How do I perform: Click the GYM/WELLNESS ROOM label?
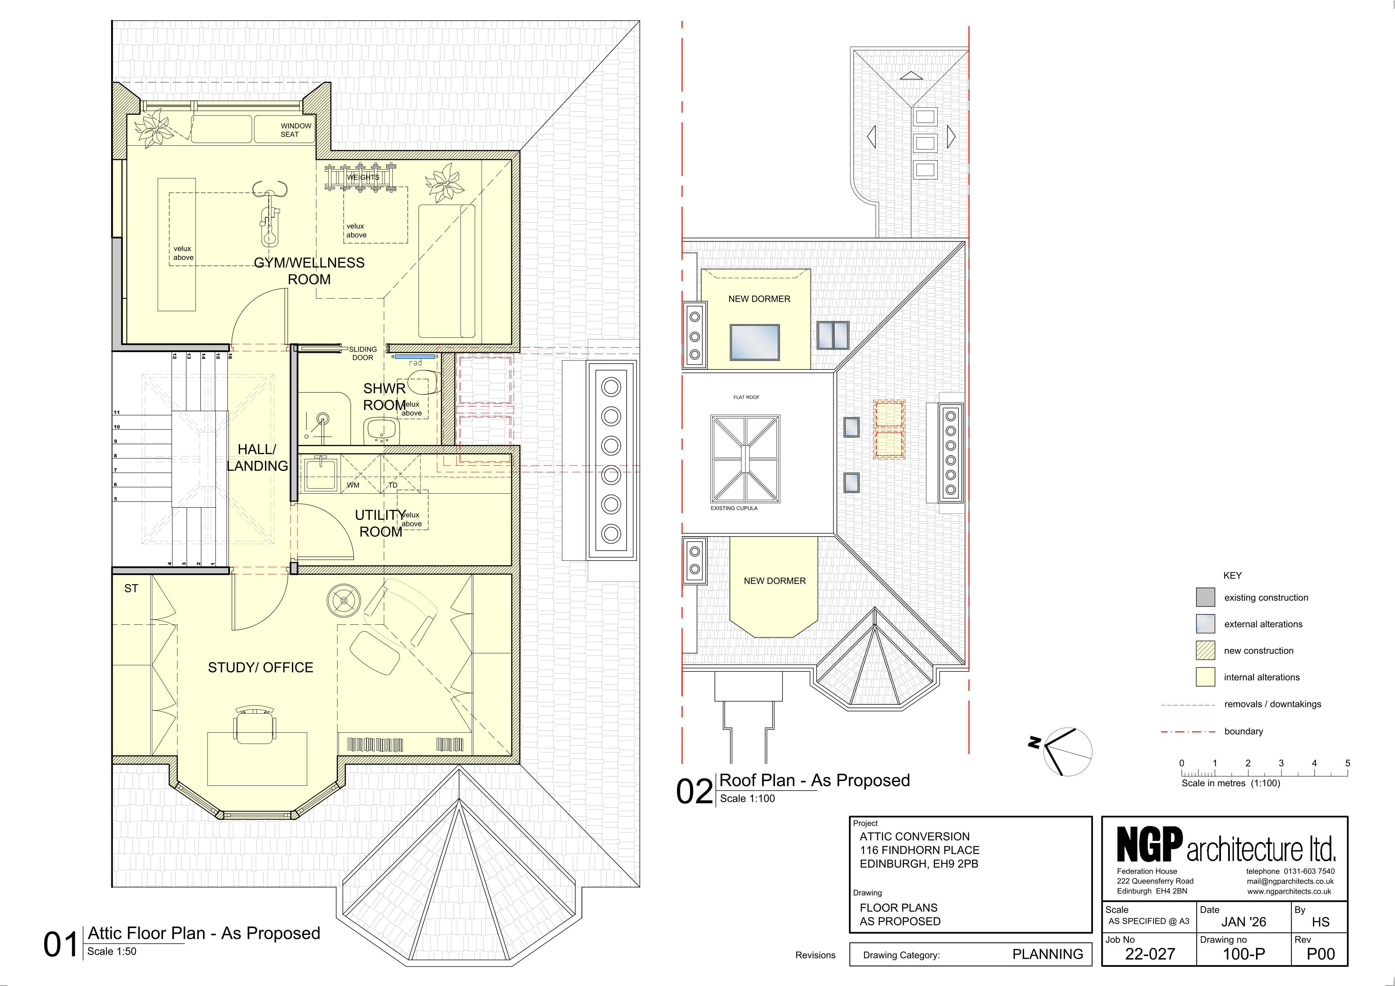pyautogui.click(x=309, y=271)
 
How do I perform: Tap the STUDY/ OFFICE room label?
pyautogui.click(x=261, y=668)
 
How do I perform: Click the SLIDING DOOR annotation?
pyautogui.click(x=363, y=353)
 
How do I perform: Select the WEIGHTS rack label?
pyautogui.click(x=363, y=177)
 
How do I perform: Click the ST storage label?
pyautogui.click(x=131, y=588)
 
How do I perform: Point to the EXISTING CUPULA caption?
pyautogui.click(x=734, y=508)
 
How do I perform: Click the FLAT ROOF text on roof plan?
pyautogui.click(x=746, y=397)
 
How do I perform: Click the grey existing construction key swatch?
pyautogui.click(x=1205, y=597)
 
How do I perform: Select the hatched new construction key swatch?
pyautogui.click(x=1205, y=651)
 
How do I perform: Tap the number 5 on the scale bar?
pyautogui.click(x=1348, y=763)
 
